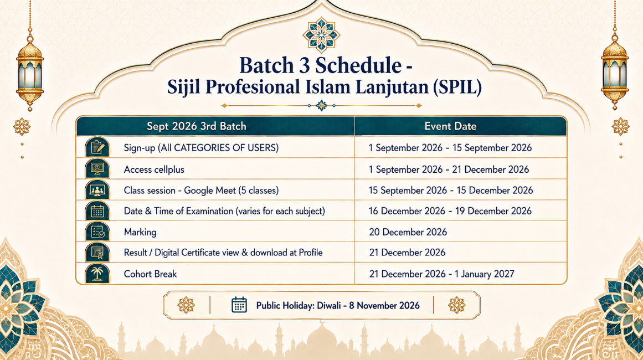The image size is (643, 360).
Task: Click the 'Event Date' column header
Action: click(450, 126)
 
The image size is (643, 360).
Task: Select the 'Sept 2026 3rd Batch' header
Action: click(197, 126)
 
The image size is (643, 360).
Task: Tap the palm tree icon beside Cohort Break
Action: click(97, 273)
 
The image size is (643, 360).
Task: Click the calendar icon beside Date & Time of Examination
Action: click(97, 211)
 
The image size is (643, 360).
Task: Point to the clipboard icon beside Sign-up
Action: click(97, 147)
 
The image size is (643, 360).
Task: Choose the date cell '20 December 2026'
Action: click(408, 232)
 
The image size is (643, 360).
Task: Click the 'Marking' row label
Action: click(140, 233)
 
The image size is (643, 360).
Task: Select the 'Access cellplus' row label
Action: click(154, 169)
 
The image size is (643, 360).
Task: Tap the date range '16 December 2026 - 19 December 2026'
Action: click(450, 211)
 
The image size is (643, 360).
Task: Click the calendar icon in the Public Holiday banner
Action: click(239, 305)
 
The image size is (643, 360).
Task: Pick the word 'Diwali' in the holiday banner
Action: click(328, 306)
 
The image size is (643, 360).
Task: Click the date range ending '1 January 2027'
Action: click(441, 274)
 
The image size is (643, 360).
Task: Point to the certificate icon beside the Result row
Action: click(97, 252)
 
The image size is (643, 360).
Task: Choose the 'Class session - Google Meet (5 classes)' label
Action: click(202, 191)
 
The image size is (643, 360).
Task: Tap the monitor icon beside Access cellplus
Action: click(97, 168)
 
